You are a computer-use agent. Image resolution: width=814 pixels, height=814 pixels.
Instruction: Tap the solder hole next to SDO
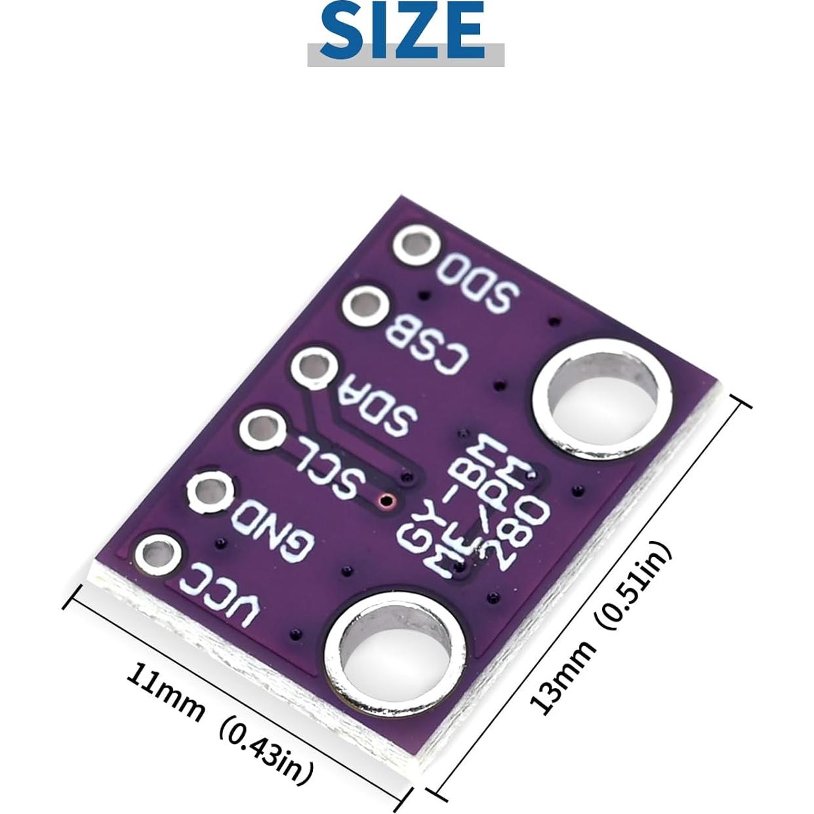[417, 247]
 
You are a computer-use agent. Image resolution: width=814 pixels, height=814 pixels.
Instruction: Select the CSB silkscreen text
[427, 345]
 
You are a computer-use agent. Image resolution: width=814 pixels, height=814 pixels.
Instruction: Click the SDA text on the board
[376, 407]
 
